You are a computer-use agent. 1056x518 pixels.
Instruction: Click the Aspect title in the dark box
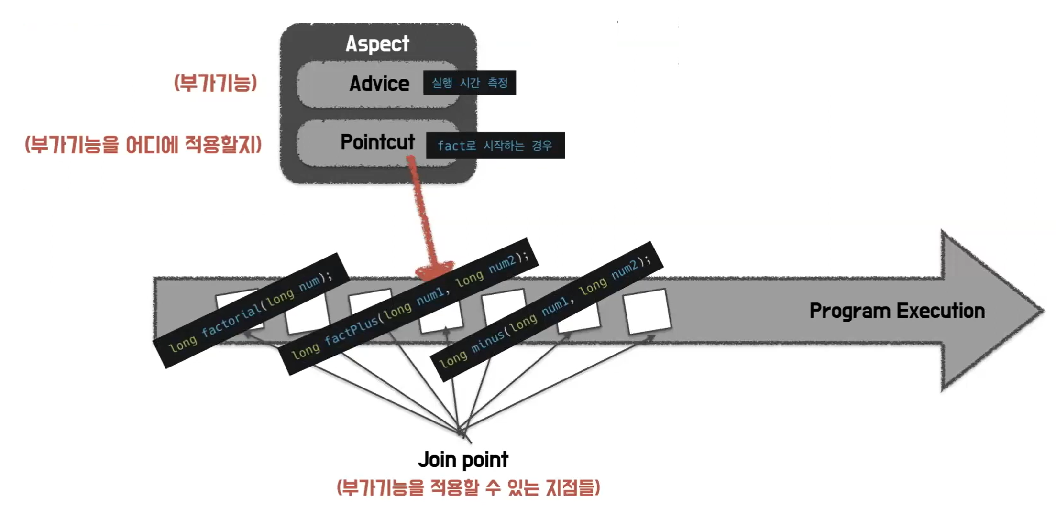click(377, 43)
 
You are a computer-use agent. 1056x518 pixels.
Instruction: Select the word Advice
click(379, 84)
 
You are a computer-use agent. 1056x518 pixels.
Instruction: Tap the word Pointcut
click(377, 142)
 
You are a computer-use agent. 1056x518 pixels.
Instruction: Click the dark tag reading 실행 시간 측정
click(469, 83)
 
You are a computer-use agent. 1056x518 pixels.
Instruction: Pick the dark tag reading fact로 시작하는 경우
click(495, 145)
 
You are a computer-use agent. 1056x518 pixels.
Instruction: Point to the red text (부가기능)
click(215, 83)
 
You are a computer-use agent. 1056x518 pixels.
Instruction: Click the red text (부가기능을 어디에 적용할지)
click(143, 144)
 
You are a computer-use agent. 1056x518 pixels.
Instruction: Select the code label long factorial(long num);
click(251, 311)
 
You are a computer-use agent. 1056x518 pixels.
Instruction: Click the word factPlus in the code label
click(352, 330)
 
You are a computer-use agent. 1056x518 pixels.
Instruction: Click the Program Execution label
click(897, 311)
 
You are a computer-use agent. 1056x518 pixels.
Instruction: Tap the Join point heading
click(463, 460)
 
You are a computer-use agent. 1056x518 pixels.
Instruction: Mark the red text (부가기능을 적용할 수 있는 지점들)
click(468, 487)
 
